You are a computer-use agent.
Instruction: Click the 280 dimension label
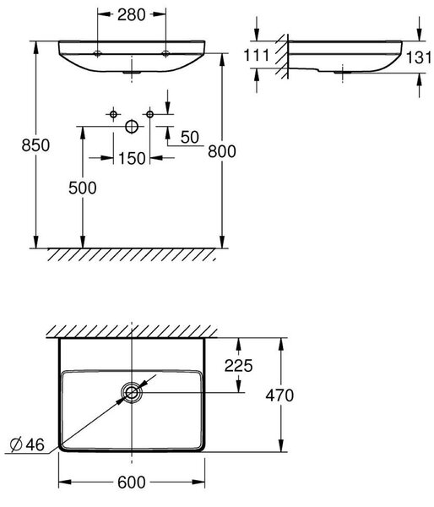tap(131, 15)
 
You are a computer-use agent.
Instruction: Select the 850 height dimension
tap(35, 145)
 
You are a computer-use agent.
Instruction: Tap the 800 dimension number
tap(222, 151)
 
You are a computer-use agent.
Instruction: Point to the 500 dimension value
tap(83, 188)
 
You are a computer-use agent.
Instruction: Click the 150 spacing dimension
tap(132, 159)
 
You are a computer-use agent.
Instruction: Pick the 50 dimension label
tap(190, 137)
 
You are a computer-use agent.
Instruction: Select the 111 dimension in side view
tap(256, 55)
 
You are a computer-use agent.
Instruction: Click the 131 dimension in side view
tap(419, 57)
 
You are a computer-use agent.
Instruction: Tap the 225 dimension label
tap(238, 366)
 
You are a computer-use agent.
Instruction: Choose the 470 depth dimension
tap(279, 395)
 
